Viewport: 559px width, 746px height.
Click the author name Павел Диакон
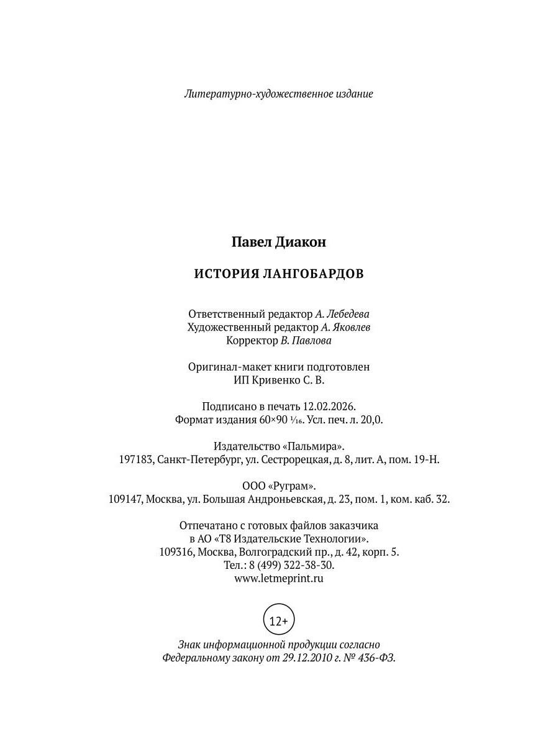(279, 242)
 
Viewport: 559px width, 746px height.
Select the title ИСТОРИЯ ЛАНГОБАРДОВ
(279, 274)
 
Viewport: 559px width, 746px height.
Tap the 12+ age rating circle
(279, 620)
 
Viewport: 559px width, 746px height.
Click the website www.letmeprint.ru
(279, 578)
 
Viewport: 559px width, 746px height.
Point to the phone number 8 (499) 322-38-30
(291, 565)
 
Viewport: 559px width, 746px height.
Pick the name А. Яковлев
(347, 327)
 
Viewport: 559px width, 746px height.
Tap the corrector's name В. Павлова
(307, 341)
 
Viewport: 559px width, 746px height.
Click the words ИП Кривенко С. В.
(279, 380)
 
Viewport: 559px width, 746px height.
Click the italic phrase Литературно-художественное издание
(279, 94)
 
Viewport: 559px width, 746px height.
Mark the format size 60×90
(273, 420)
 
